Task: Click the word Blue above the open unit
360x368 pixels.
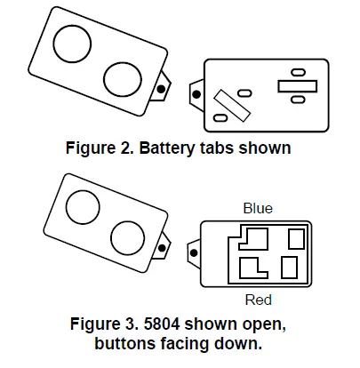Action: click(258, 208)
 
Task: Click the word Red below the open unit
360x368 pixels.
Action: click(258, 300)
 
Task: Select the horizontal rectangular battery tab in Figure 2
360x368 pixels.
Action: click(298, 86)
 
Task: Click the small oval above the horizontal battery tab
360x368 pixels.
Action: click(297, 71)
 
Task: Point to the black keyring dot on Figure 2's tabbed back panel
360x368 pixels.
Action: click(196, 92)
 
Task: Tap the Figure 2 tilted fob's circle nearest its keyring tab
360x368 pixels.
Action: click(124, 77)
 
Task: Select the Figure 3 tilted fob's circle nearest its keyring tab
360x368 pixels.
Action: click(128, 238)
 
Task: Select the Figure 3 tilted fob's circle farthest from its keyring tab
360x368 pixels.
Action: click(80, 208)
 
